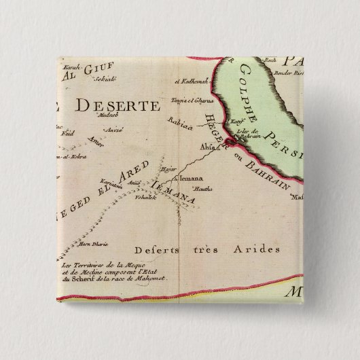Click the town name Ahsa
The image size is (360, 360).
[x=209, y=144]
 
